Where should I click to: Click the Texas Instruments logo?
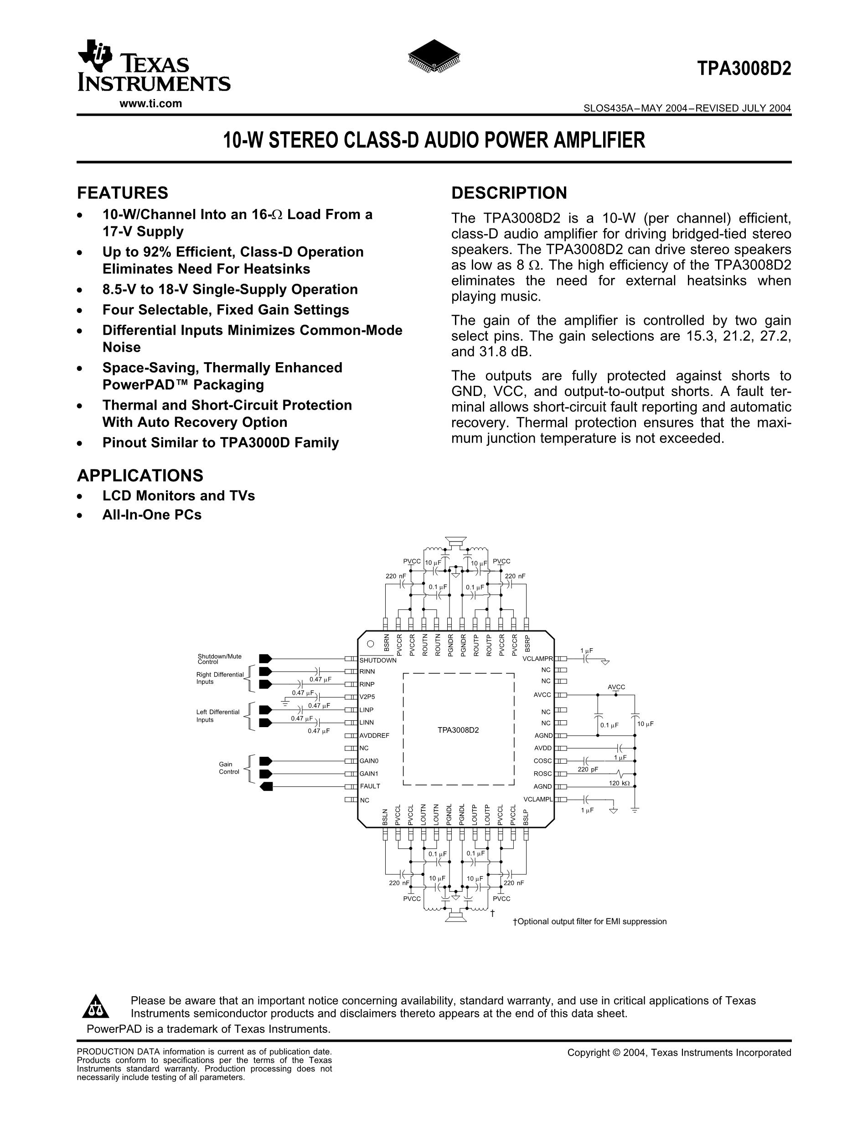point(153,67)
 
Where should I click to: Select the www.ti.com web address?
point(150,104)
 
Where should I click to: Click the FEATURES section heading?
point(122,193)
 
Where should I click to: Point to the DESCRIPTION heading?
point(509,193)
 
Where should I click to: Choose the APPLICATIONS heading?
point(140,475)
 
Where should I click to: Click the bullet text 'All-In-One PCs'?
point(152,515)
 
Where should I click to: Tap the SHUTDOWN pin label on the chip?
point(378,660)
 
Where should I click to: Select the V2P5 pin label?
point(367,697)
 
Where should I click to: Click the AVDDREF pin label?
point(374,735)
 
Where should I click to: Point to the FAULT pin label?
point(370,786)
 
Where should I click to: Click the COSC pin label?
point(542,760)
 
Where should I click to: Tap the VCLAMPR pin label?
point(537,659)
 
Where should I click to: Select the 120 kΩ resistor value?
point(619,783)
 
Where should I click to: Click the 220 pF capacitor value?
point(588,770)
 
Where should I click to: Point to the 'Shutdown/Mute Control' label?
point(220,659)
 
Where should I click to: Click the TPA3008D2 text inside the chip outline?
point(458,730)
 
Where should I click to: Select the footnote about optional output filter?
point(590,921)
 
